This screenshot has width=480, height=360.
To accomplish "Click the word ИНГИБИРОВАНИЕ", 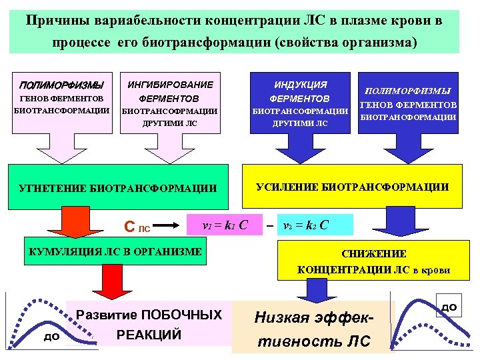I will point(170,85).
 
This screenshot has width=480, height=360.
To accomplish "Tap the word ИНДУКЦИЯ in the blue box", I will point(301,85).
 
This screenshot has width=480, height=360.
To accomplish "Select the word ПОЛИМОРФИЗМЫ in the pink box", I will point(62,85).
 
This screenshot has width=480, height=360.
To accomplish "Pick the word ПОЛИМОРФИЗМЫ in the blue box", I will point(408,91).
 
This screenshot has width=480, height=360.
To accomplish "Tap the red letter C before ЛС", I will point(129,228).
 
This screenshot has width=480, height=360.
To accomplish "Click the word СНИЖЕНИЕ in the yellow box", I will point(373,254).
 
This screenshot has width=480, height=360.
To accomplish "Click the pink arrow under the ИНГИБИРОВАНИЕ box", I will point(169,151).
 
